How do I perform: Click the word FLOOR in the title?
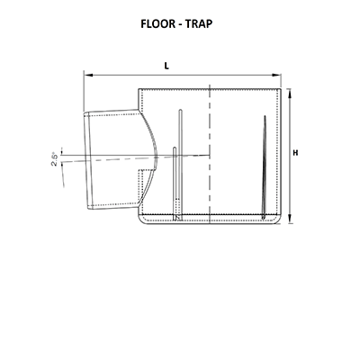[x=158, y=23]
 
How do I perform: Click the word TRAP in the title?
[x=199, y=23]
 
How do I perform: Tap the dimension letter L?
[x=166, y=66]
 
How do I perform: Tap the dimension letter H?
[x=295, y=153]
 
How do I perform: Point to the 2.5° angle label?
[x=54, y=160]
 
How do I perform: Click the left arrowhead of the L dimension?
[x=87, y=75]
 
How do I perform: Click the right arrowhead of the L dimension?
[x=276, y=75]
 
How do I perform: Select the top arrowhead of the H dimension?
[x=290, y=93]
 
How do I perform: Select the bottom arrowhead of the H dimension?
[x=290, y=219]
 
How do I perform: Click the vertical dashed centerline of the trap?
[x=210, y=155]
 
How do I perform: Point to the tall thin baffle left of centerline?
[x=180, y=165]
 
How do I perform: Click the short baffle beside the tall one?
[x=175, y=183]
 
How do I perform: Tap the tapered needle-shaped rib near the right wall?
[x=265, y=167]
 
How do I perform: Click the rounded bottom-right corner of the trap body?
[x=279, y=220]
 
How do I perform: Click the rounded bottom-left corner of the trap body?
[x=141, y=220]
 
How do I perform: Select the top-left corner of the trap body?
[x=139, y=89]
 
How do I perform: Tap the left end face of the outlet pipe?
[x=86, y=160]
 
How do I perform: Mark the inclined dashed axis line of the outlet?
[x=135, y=158]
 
